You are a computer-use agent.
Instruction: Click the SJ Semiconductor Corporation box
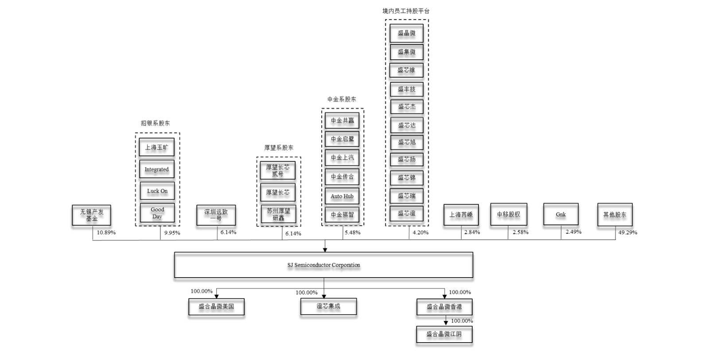[x=323, y=265]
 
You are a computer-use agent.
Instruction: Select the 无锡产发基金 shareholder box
[x=91, y=215]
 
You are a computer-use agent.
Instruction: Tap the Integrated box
[x=156, y=169]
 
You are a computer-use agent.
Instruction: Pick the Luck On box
[x=157, y=191]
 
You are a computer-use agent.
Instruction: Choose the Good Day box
[x=157, y=213]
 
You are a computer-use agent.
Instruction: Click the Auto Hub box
[x=342, y=196]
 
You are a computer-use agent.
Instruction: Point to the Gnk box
[x=560, y=215]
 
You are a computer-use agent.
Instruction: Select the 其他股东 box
[x=615, y=215]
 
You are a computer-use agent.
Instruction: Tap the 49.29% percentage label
[x=627, y=232]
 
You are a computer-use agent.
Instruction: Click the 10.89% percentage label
[x=106, y=232]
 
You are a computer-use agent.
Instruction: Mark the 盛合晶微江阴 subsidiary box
[x=444, y=334]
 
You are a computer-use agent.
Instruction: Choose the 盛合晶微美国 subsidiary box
[x=216, y=306]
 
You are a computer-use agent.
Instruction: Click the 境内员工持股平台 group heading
[x=406, y=11]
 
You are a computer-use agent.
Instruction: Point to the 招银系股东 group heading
[x=155, y=123]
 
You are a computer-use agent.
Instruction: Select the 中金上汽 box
[x=342, y=158]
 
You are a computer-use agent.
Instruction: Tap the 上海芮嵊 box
[x=461, y=215]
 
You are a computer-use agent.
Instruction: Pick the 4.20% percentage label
[x=420, y=232]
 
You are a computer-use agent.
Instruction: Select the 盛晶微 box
[x=406, y=33]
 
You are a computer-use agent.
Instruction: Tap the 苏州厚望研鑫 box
[x=278, y=215]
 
